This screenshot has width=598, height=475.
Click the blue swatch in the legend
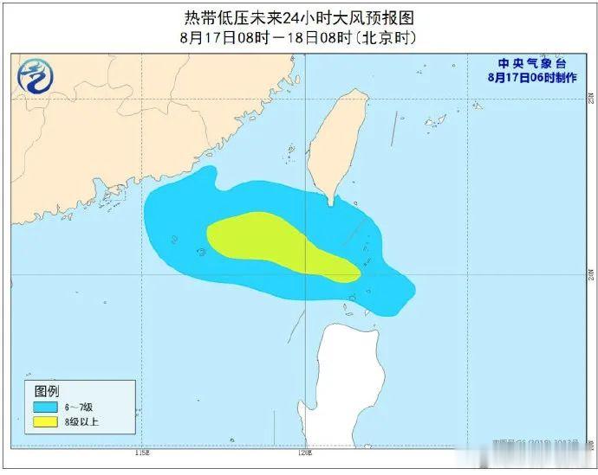tap(46, 406)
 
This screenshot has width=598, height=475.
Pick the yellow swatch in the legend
tap(46, 422)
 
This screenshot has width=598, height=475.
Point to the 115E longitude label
tap(142, 453)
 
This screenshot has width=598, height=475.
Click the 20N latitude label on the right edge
tap(588, 274)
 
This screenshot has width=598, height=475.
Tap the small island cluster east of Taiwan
tap(435, 120)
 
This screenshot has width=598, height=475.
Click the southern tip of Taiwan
tap(331, 202)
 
